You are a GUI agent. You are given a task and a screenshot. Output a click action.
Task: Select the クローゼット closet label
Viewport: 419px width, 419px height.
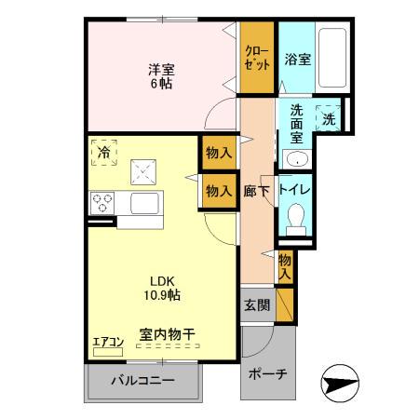pyautogui.click(x=258, y=58)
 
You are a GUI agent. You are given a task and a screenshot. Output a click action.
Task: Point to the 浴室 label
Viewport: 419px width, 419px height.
pyautogui.click(x=298, y=58)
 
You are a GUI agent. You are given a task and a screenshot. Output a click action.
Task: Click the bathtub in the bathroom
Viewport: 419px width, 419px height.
pyautogui.click(x=333, y=58)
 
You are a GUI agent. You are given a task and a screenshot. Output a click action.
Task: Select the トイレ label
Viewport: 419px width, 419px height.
pyautogui.click(x=300, y=190)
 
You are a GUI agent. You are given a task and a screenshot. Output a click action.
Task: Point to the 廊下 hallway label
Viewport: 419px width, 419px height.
pyautogui.click(x=256, y=190)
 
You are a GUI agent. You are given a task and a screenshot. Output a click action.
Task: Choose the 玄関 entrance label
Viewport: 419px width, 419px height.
pyautogui.click(x=256, y=304)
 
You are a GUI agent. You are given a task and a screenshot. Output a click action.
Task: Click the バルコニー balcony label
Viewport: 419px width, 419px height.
pyautogui.click(x=143, y=380)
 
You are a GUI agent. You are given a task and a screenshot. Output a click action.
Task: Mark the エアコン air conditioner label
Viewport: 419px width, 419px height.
pyautogui.click(x=107, y=341)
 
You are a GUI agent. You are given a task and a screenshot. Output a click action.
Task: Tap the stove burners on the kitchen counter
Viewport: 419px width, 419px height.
pyautogui.click(x=101, y=202)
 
